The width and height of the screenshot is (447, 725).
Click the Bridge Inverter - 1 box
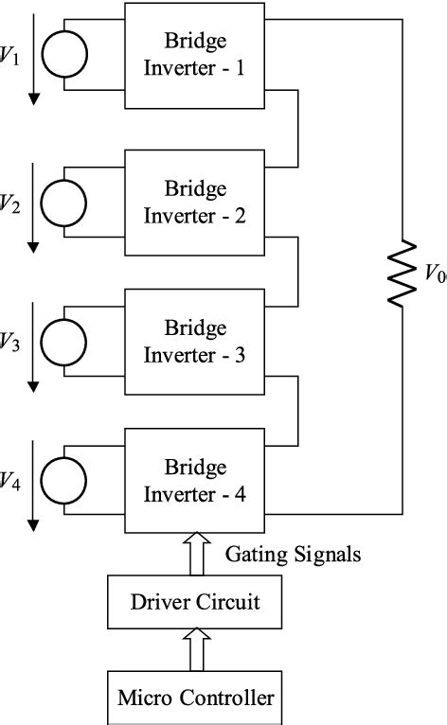[x=195, y=58]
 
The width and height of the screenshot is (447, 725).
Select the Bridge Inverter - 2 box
[x=195, y=201]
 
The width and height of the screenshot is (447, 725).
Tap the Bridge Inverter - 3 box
[x=195, y=342]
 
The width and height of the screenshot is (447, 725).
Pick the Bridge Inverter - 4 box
[x=195, y=481]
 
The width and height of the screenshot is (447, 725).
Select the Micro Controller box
[x=196, y=698]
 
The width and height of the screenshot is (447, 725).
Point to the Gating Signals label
[x=293, y=555]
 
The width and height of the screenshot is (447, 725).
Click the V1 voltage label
[x=9, y=58]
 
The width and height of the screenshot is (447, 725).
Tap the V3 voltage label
[x=9, y=343]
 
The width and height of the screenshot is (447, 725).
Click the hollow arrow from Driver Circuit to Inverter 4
[x=196, y=554]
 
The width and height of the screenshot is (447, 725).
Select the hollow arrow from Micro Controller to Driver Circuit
[x=196, y=651]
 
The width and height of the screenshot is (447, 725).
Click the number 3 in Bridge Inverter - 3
[x=240, y=355]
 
